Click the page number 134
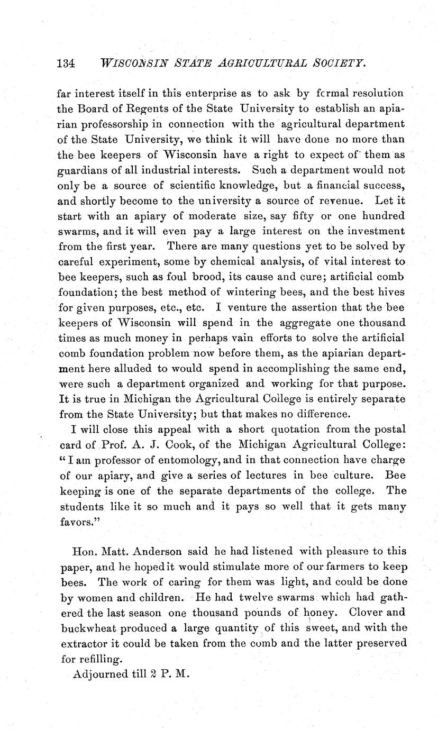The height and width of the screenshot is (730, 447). coord(67,63)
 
